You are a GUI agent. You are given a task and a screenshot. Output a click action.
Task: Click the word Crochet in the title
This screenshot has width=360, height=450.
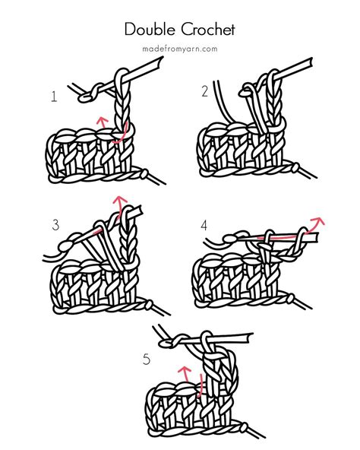206,30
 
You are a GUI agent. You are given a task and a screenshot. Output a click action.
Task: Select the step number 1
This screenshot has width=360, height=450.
54,97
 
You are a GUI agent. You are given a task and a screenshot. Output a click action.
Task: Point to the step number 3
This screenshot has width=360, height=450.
55,224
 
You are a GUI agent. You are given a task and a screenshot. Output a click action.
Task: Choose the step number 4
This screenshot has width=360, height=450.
204,226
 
